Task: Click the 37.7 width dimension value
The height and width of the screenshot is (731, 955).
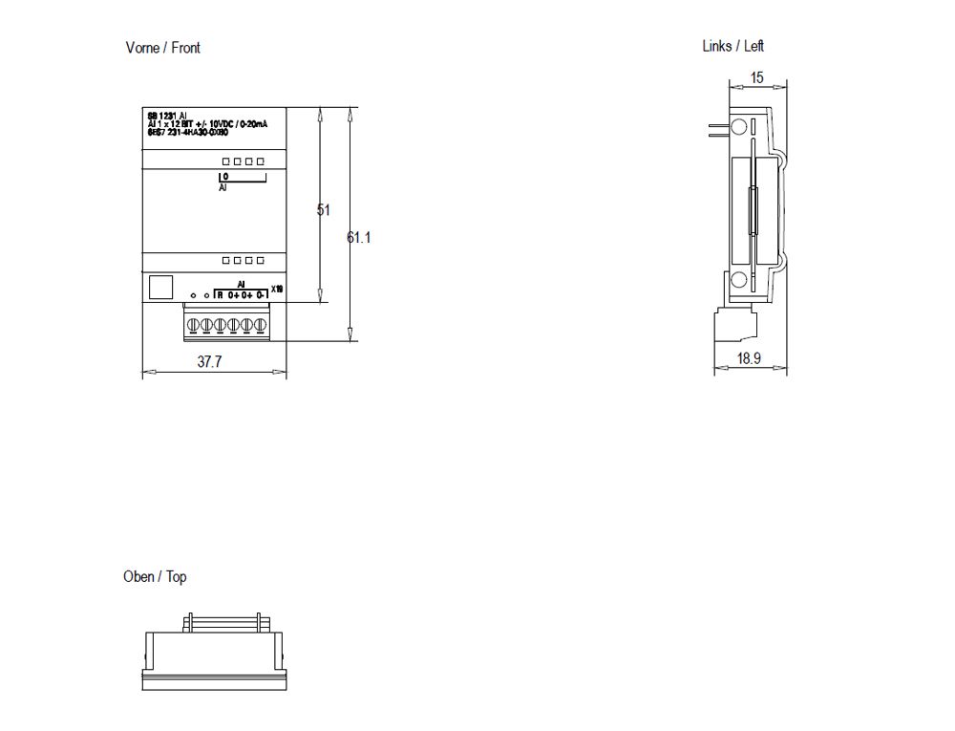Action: pyautogui.click(x=210, y=362)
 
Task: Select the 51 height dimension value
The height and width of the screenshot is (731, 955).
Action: pyautogui.click(x=323, y=209)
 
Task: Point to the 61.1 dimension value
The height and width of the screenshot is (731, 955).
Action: pyautogui.click(x=359, y=237)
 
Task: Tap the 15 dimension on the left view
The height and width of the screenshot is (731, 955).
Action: pyautogui.click(x=757, y=78)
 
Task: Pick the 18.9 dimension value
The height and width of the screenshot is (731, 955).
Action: pyautogui.click(x=749, y=358)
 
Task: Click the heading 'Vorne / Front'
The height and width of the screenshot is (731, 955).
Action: pyautogui.click(x=162, y=48)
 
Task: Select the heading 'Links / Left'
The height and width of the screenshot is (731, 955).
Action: pyautogui.click(x=732, y=46)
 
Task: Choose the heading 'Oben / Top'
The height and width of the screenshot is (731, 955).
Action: pyautogui.click(x=155, y=577)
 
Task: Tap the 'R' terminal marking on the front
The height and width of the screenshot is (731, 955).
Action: pyautogui.click(x=220, y=295)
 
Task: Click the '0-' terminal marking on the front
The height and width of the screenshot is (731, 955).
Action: pyautogui.click(x=261, y=295)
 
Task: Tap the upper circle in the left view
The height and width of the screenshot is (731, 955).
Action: pyautogui.click(x=738, y=128)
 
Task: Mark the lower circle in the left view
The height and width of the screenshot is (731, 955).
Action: pyautogui.click(x=738, y=280)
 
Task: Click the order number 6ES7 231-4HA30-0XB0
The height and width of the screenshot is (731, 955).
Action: pyautogui.click(x=187, y=133)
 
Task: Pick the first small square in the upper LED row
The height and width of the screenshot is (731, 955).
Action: pyautogui.click(x=225, y=161)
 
